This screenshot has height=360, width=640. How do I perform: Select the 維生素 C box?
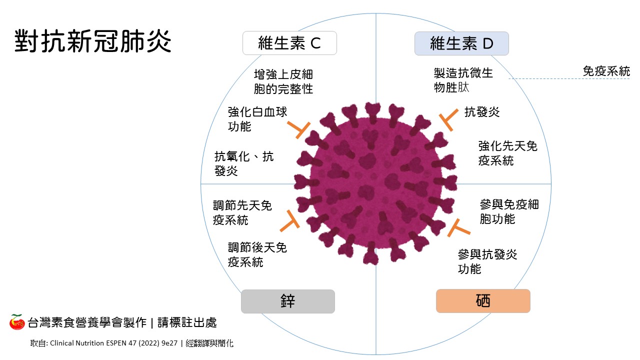tap(289, 43)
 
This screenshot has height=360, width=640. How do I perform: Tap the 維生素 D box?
tap(461, 43)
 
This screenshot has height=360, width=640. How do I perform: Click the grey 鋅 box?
tap(287, 301)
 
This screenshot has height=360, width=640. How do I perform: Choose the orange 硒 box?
tap(482, 301)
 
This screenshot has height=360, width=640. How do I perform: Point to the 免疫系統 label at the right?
tap(606, 71)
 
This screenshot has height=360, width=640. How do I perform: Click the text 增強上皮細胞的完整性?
tap(283, 81)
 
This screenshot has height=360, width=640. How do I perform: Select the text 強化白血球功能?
tap(257, 119)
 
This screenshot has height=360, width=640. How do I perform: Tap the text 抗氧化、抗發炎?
tap(244, 163)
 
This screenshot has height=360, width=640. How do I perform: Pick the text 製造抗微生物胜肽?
tap(463, 80)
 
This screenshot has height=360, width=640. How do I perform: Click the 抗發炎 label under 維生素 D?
tap(482, 112)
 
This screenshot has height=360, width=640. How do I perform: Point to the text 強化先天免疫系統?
tap(507, 153)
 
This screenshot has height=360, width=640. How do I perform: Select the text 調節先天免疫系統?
tap(242, 212)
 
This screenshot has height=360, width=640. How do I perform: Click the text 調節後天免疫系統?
tap(257, 254)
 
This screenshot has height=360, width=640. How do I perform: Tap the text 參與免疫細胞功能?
tap(509, 211)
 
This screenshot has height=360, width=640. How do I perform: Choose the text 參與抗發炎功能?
tap(487, 261)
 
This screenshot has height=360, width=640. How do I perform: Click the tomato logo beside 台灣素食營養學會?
tap(17, 322)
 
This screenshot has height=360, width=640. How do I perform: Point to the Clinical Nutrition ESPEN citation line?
tap(132, 343)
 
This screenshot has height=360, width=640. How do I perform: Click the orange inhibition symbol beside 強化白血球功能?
tap(300, 129)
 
